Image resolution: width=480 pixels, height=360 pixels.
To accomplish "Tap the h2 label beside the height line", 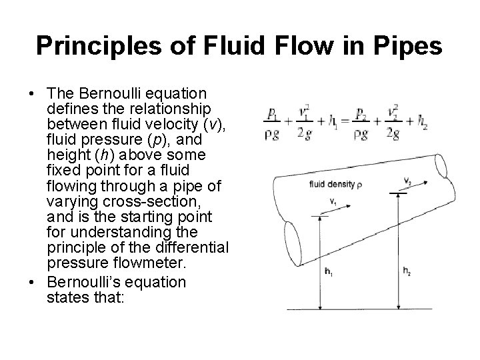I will pyautogui.click(x=407, y=271).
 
